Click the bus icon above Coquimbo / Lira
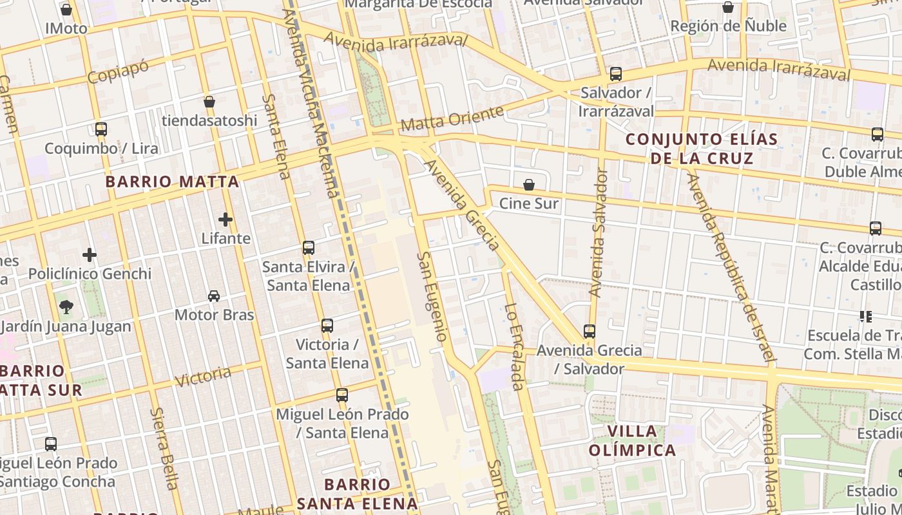[x=101, y=129]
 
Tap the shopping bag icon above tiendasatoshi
[x=209, y=102]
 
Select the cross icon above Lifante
[x=225, y=220]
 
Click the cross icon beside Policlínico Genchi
[x=90, y=255]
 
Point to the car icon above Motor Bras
[x=214, y=296]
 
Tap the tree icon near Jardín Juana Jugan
[x=66, y=307]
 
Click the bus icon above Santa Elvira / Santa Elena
[x=309, y=248]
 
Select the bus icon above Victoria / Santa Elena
[x=327, y=326]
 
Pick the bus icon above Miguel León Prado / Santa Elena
[x=342, y=395]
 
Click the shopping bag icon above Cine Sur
[x=529, y=185]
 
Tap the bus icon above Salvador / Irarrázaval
[x=616, y=74]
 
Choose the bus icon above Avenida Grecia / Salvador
[x=589, y=332]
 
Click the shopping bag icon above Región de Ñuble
[x=728, y=8]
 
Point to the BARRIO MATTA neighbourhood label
[x=172, y=182]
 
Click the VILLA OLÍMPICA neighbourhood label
[x=632, y=440]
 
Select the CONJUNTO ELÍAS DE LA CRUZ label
[x=702, y=149]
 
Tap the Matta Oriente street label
[x=451, y=118]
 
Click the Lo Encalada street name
[x=513, y=347]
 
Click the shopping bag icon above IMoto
[x=66, y=10]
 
